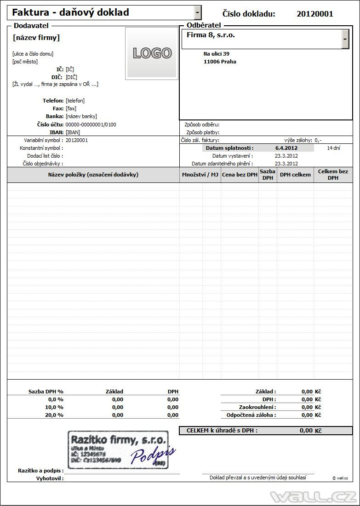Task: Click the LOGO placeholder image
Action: pyautogui.click(x=152, y=53)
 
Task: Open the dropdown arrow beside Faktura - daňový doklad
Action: pyautogui.click(x=198, y=12)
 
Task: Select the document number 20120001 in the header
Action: pyautogui.click(x=315, y=14)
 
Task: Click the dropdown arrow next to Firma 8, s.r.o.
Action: pyautogui.click(x=345, y=40)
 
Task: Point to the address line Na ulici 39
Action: pyautogui.click(x=217, y=54)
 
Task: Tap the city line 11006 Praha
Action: pyautogui.click(x=220, y=62)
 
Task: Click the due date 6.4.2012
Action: pyautogui.click(x=286, y=148)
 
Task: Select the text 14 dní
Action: pyautogui.click(x=334, y=148)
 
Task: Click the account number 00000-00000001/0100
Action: pyautogui.click(x=91, y=125)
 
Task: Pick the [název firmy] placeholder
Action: pyautogui.click(x=36, y=38)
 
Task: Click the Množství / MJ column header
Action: pyautogui.click(x=200, y=175)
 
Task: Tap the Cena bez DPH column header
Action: pyautogui.click(x=240, y=175)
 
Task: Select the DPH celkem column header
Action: pyautogui.click(x=295, y=175)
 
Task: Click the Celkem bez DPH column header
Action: pyautogui.click(x=333, y=175)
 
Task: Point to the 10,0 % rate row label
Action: pyautogui.click(x=54, y=407)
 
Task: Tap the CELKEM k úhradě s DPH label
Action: pyautogui.click(x=222, y=431)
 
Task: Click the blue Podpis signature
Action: pyautogui.click(x=153, y=453)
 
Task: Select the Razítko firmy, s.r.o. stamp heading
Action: pyautogui.click(x=117, y=441)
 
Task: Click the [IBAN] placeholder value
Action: pyautogui.click(x=73, y=132)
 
